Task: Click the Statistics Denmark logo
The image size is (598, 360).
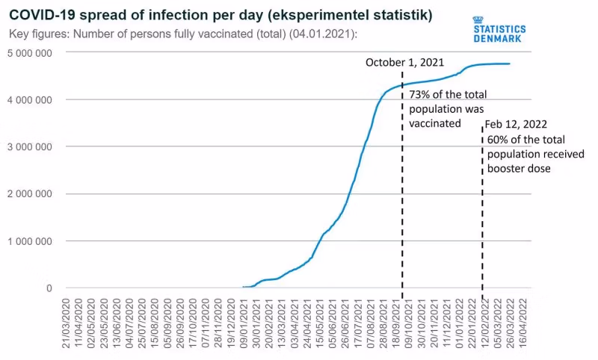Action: coord(499,28)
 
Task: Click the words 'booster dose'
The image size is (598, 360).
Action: coord(519,169)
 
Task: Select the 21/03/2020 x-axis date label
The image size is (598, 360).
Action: coord(67,322)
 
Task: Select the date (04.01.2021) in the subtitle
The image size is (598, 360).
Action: coord(321,34)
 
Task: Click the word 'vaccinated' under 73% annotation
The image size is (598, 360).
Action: coord(435,123)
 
